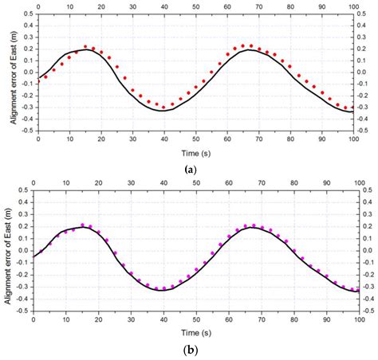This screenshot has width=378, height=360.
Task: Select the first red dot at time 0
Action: click(x=37, y=82)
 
